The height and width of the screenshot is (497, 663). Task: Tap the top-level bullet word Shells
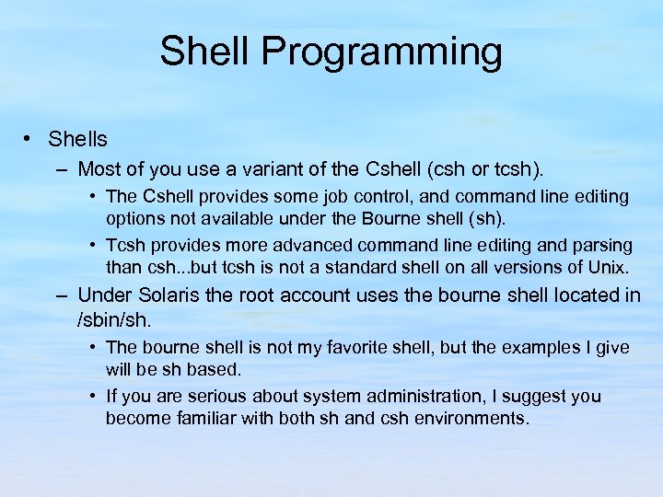[77, 140]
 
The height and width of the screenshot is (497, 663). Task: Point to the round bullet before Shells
[29, 139]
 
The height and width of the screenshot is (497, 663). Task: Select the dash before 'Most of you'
[61, 169]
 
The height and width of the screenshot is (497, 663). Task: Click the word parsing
[602, 246]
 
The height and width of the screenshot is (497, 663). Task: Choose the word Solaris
[166, 295]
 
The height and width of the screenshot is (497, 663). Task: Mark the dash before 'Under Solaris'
[61, 295]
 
